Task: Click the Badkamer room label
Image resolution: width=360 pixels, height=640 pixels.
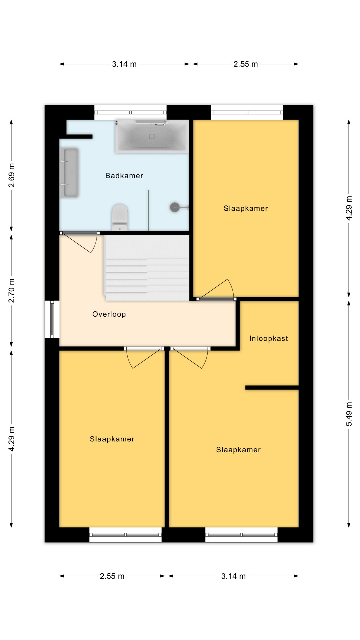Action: (x=124, y=176)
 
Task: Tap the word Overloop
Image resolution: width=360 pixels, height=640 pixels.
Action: (x=109, y=314)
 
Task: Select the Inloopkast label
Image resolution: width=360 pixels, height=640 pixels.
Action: (x=269, y=338)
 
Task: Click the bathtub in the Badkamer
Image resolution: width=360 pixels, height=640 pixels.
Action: (x=152, y=136)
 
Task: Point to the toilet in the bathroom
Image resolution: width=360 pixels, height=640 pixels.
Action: (x=120, y=217)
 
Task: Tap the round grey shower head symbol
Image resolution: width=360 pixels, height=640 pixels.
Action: (x=175, y=207)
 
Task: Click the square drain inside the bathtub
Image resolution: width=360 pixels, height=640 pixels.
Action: (x=152, y=136)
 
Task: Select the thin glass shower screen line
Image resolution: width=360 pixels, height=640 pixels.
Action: (x=148, y=210)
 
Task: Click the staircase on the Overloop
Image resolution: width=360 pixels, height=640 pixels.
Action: (x=147, y=268)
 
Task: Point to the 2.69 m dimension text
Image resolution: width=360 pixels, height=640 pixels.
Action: (x=11, y=175)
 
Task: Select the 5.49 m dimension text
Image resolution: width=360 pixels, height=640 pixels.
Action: (x=349, y=414)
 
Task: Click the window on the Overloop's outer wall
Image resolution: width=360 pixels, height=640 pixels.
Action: (x=52, y=319)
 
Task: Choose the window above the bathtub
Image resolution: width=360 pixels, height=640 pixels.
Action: (x=130, y=112)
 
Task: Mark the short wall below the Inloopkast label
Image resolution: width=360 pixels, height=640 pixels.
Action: (x=272, y=388)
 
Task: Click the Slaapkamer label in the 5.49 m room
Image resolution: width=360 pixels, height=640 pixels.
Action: (x=238, y=450)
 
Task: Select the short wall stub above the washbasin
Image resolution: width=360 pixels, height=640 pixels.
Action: (x=76, y=137)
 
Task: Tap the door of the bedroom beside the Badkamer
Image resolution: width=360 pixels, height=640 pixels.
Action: (x=217, y=289)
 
